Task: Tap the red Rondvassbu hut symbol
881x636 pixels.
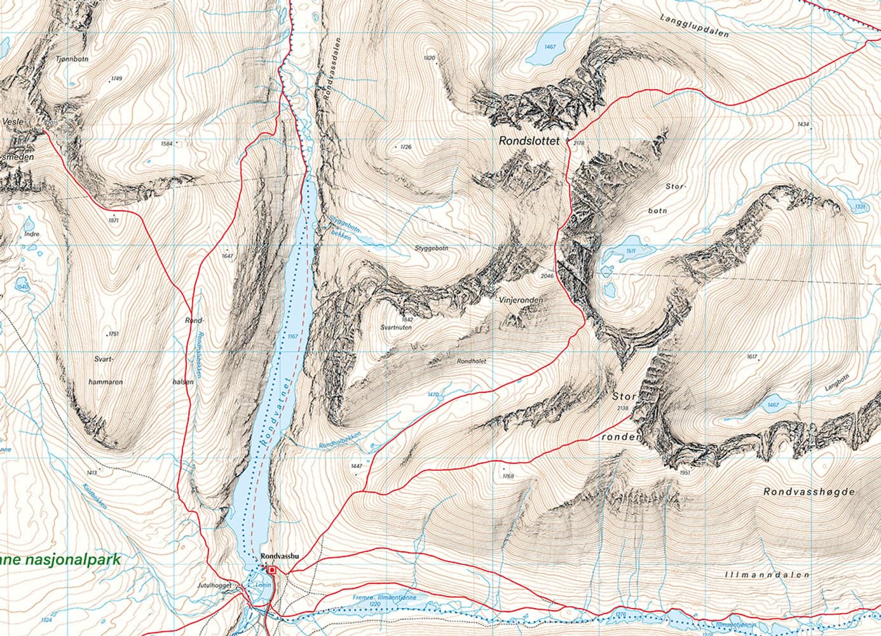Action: point(271,569)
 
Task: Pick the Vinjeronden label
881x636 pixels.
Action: point(520,299)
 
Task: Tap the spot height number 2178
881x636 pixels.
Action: point(578,144)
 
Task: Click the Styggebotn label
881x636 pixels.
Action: point(431,249)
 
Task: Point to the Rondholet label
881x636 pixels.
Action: point(472,361)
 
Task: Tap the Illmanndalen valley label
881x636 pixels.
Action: point(767,575)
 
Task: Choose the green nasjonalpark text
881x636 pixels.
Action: point(60,560)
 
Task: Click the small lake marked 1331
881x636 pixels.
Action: point(858,207)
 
